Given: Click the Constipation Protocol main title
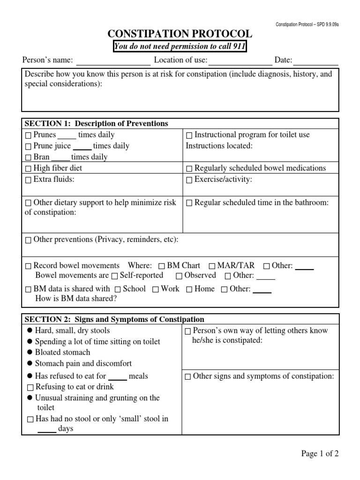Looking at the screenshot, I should tap(180, 34).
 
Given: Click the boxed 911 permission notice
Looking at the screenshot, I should tap(180, 47).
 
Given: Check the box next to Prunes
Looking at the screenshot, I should tap(28, 135).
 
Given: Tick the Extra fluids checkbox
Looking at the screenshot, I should tap(28, 180).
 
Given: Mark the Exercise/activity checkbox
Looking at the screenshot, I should tap(189, 180).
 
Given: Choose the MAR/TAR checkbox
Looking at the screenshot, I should tap(212, 266).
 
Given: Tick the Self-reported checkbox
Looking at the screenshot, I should tap(114, 276).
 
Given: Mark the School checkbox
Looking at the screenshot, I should tap(117, 289).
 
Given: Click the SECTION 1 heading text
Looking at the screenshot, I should tap(96, 124).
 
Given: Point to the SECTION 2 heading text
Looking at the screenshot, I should tap(114, 320).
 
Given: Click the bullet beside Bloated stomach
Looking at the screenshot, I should tap(30, 352).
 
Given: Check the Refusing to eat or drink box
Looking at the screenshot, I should tap(30, 388).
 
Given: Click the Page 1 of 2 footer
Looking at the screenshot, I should tap(320, 453).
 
